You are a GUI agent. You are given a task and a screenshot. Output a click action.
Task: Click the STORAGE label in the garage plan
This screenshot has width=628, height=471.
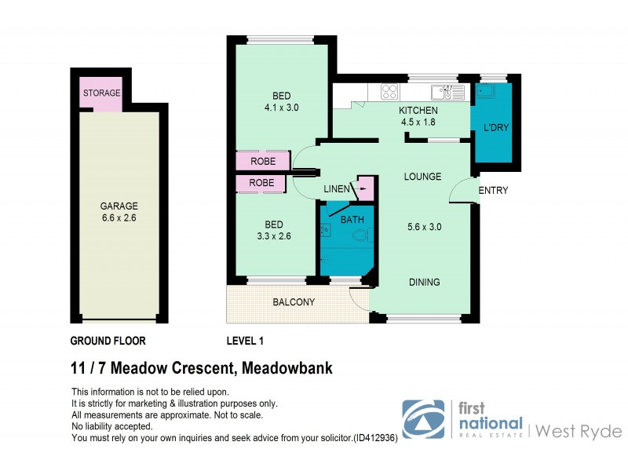pyautogui.click(x=101, y=93)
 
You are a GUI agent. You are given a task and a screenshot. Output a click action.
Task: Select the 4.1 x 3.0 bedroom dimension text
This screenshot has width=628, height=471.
pyautogui.click(x=280, y=108)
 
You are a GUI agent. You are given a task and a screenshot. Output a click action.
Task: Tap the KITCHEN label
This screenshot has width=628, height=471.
pyautogui.click(x=418, y=111)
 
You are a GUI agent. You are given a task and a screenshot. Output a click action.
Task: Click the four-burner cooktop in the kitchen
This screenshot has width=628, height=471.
pyautogui.click(x=389, y=92)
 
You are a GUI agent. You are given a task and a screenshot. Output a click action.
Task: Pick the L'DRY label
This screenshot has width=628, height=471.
pyautogui.click(x=495, y=128)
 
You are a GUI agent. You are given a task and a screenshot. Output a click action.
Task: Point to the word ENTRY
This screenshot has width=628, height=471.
pyautogui.click(x=493, y=191)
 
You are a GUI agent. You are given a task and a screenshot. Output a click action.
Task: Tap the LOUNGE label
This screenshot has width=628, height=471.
pyautogui.click(x=423, y=177)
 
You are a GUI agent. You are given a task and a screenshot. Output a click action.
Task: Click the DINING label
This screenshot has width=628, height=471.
pyautogui.click(x=423, y=283)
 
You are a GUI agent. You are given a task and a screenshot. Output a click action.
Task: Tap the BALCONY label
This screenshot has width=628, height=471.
pyautogui.click(x=294, y=302)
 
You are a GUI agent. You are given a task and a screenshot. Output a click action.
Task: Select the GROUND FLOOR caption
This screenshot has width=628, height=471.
pyautogui.click(x=108, y=341)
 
